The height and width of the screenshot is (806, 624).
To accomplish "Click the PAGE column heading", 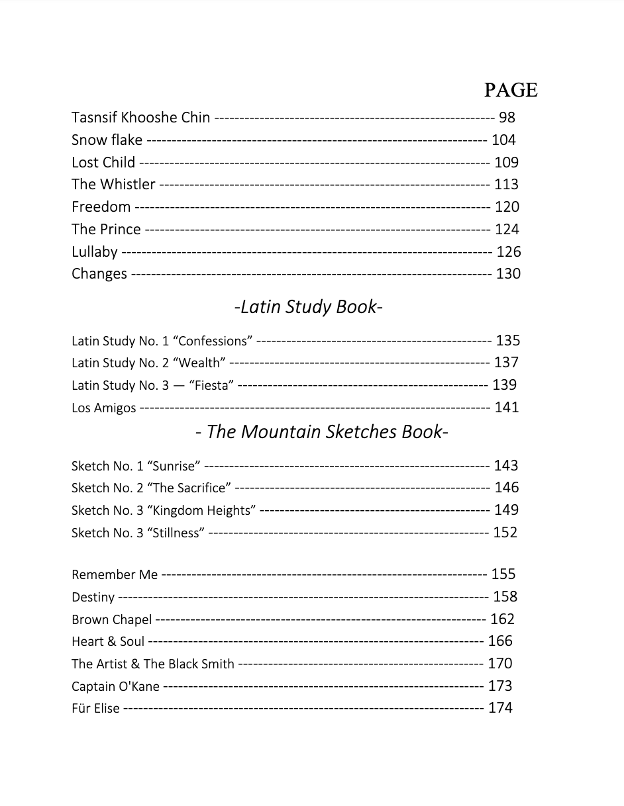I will tap(510, 90).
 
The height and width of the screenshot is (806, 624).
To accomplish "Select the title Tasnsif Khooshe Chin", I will tap(140, 118).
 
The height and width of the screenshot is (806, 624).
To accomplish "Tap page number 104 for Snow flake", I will tap(503, 140).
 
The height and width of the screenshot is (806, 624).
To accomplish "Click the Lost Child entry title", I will tap(103, 162).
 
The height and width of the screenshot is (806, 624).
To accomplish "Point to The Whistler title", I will tap(113, 185).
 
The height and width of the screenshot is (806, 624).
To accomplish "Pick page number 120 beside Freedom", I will tap(507, 207).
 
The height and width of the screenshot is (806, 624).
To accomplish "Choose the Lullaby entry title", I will tap(95, 252).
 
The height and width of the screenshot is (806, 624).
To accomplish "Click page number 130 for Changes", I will tap(508, 274).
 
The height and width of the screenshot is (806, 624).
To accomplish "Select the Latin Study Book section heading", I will tap(308, 307).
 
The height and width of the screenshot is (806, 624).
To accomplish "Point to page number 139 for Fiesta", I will tap(504, 385).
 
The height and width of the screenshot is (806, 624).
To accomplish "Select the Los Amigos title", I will tap(103, 408).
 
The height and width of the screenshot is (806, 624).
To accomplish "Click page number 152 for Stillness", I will tap(505, 533).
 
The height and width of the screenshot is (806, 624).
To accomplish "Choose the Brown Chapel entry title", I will tap(111, 620).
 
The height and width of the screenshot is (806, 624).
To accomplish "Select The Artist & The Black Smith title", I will tap(152, 664).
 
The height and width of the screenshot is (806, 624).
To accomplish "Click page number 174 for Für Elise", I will tap(500, 708).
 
